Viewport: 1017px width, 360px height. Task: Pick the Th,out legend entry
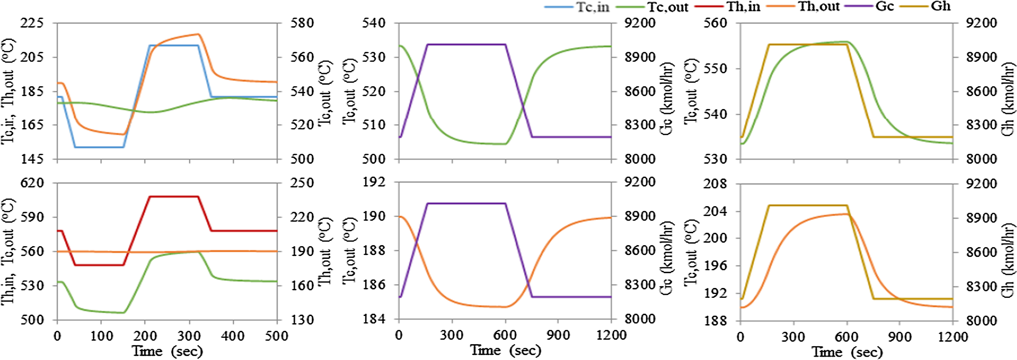click(819, 7)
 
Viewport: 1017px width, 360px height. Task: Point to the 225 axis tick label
click(32, 23)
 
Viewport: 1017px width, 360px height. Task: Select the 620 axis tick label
click(32, 183)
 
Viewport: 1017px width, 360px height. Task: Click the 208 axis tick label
click(715, 184)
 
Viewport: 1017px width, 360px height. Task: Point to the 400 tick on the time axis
click(233, 336)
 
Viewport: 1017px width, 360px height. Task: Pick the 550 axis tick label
click(715, 69)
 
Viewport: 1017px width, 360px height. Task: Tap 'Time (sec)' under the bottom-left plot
click(167, 351)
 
